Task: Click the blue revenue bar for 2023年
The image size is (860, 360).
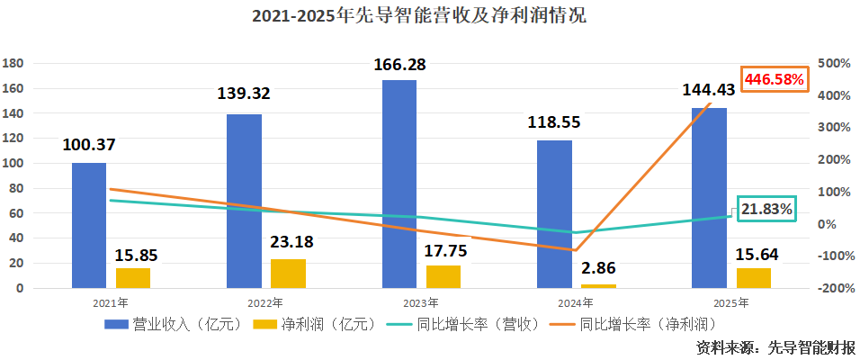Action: click(399, 184)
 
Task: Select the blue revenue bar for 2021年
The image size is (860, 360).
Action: click(89, 225)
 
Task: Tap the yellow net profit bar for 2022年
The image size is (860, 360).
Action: click(288, 273)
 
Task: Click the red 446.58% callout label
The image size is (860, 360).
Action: click(772, 79)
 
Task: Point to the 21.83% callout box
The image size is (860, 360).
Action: click(767, 209)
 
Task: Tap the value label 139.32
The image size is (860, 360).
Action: click(244, 93)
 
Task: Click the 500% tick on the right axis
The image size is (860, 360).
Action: click(834, 64)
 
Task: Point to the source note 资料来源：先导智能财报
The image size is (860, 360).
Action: click(775, 346)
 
